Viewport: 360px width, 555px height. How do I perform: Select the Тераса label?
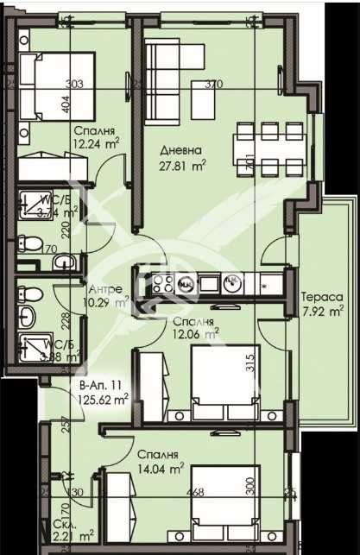[323, 296]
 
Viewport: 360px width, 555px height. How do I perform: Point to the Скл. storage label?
[60, 526]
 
